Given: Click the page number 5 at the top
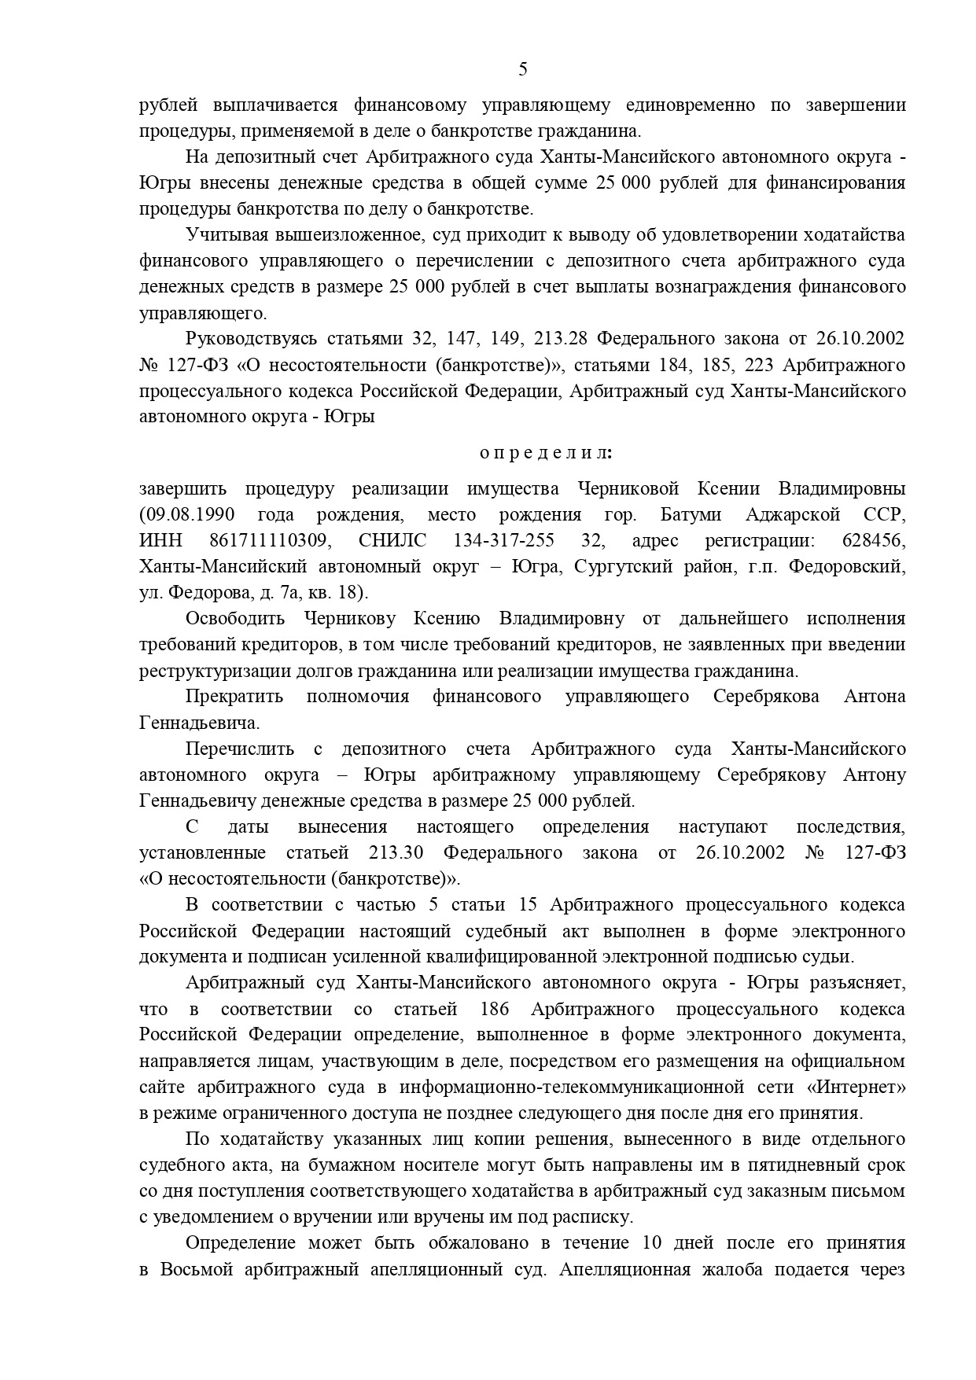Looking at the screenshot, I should (523, 70).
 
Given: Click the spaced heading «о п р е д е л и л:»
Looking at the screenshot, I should (546, 453).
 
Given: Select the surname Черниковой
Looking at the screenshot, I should (628, 488).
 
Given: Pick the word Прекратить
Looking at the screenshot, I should (234, 696).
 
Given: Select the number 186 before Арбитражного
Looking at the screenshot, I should (493, 1009).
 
